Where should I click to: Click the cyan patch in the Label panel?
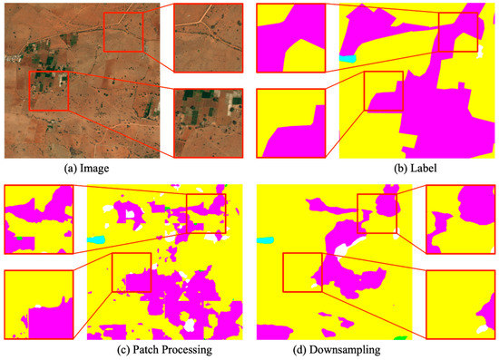(345, 59)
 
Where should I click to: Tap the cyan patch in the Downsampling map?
(266, 240)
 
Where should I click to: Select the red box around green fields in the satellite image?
(49, 90)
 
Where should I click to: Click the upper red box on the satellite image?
(122, 32)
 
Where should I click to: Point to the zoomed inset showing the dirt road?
(208, 35)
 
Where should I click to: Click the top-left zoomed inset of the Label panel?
(290, 37)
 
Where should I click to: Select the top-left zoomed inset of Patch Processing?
(38, 219)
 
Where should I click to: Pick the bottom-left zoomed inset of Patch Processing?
(38, 304)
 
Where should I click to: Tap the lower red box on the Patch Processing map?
(131, 272)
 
